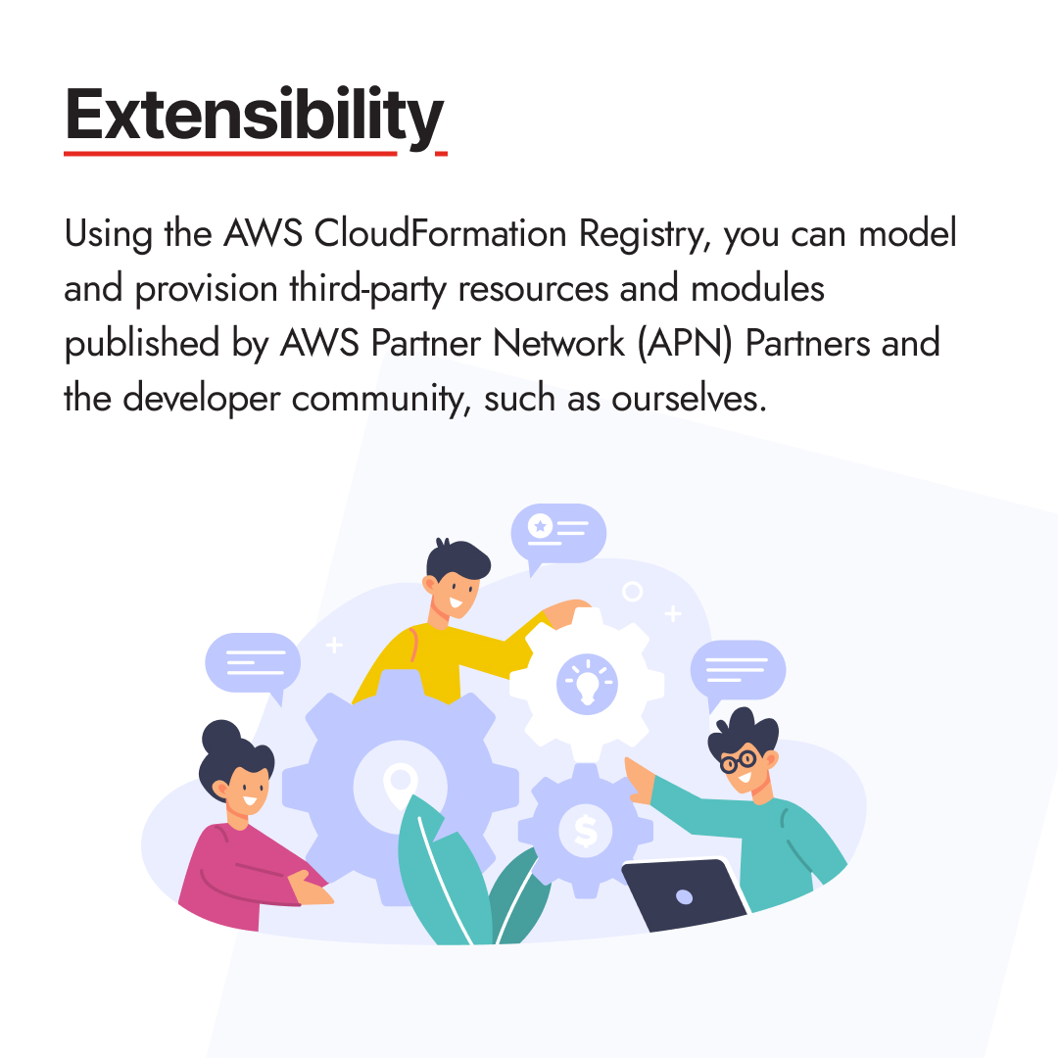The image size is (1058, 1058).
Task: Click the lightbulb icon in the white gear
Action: (x=586, y=682)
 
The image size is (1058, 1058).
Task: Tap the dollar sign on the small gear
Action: (x=586, y=832)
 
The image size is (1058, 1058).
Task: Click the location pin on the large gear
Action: (x=399, y=783)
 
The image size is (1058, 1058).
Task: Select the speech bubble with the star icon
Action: (x=558, y=532)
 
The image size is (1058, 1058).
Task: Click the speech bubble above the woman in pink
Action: (x=252, y=663)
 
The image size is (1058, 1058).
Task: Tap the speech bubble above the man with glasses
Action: (x=738, y=671)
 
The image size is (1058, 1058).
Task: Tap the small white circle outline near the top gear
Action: (x=633, y=591)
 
